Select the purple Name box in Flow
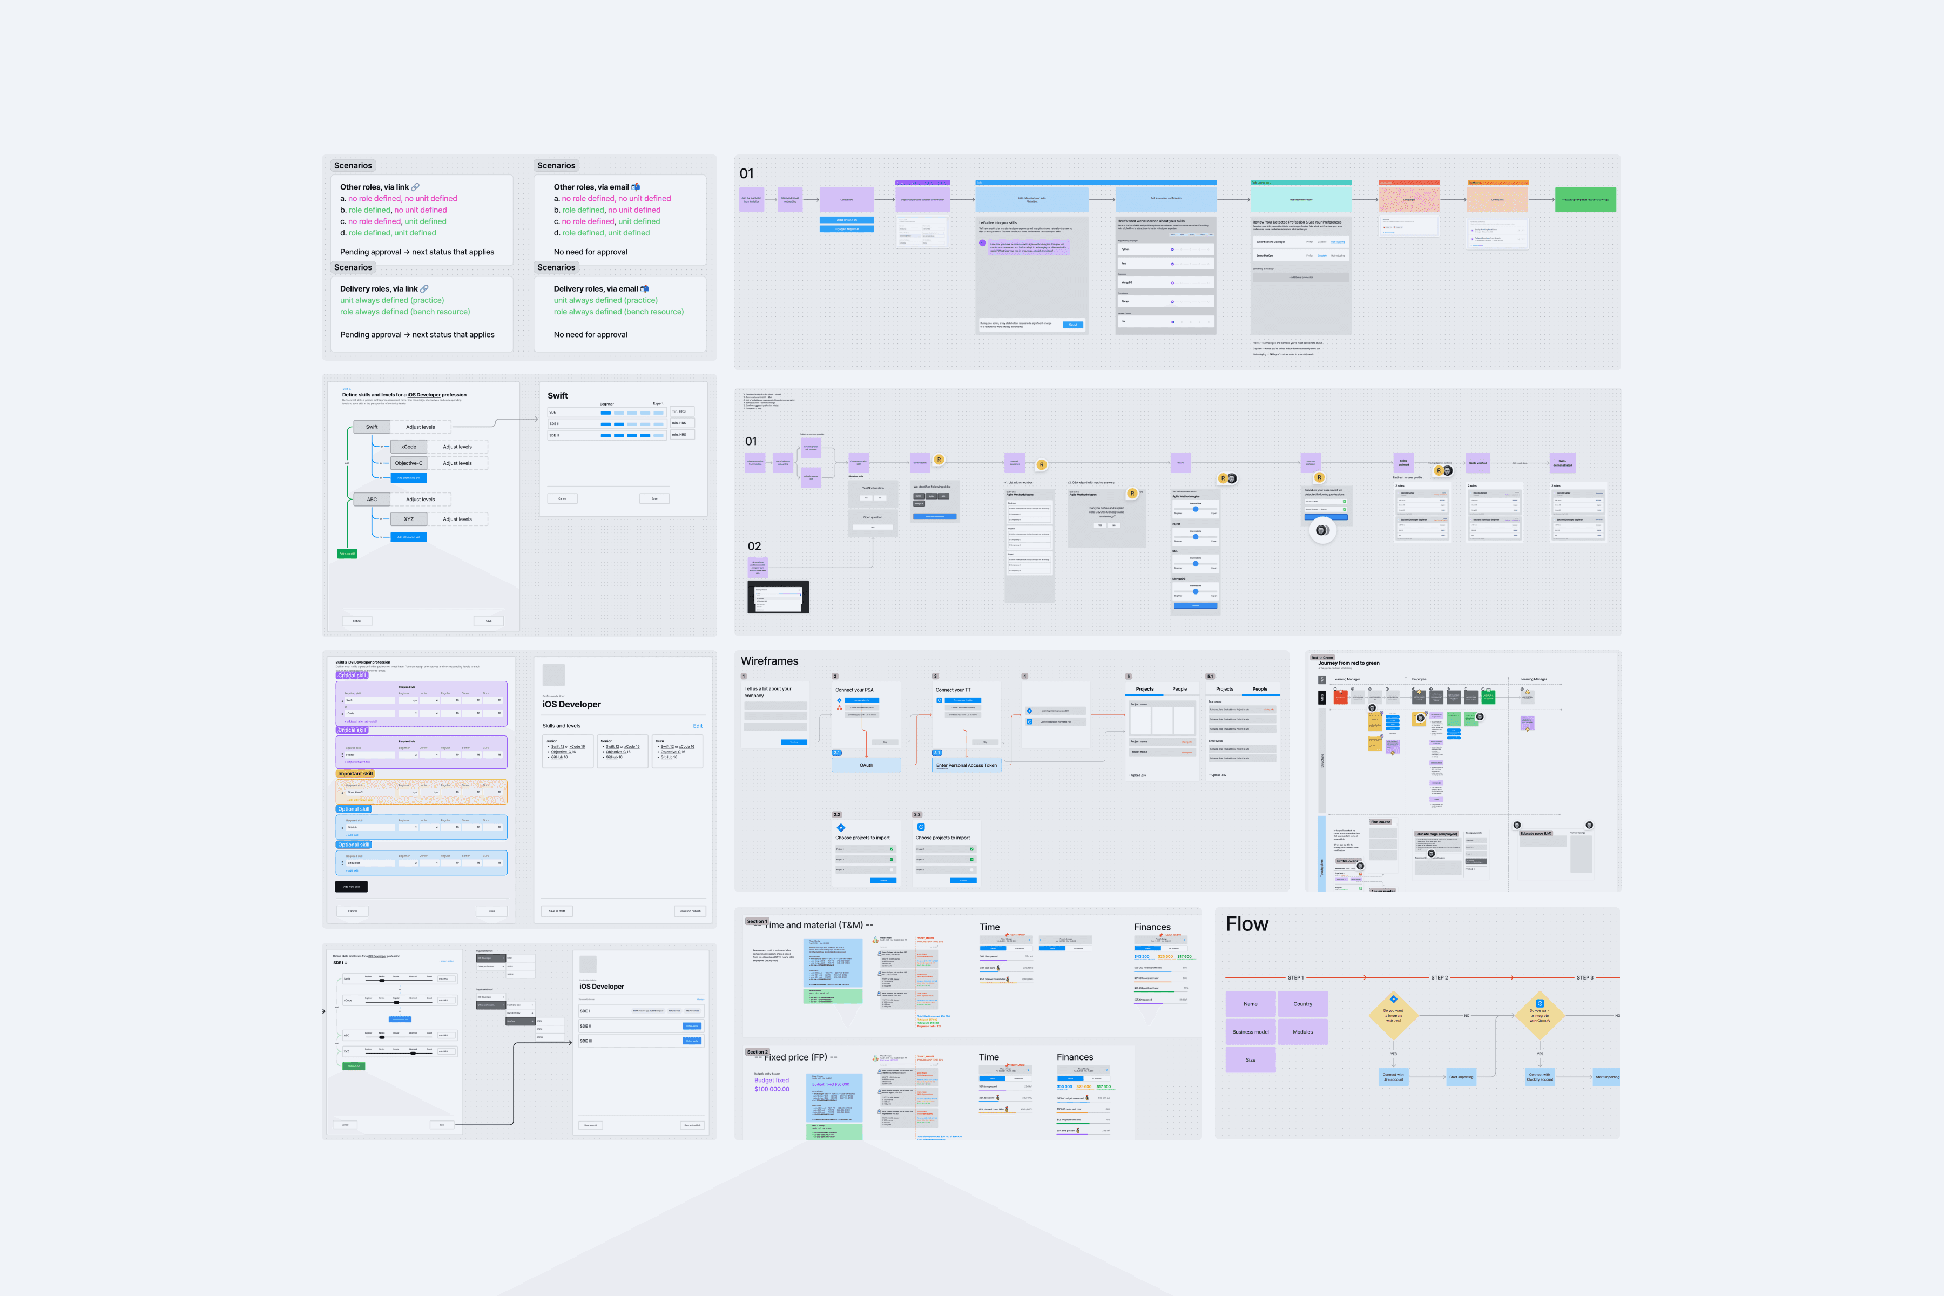tap(1251, 1004)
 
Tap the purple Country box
tap(1302, 1004)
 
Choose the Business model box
tap(1251, 1031)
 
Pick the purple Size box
tap(1251, 1059)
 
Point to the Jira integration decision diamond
tap(1394, 1015)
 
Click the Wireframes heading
tap(769, 661)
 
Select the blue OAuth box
tap(866, 765)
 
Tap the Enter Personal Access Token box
tap(966, 765)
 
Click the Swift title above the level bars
tap(558, 396)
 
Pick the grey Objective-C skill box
tap(408, 463)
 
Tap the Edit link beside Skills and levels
tap(698, 726)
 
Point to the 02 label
tap(754, 546)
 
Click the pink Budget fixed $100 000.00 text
tap(772, 1084)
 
